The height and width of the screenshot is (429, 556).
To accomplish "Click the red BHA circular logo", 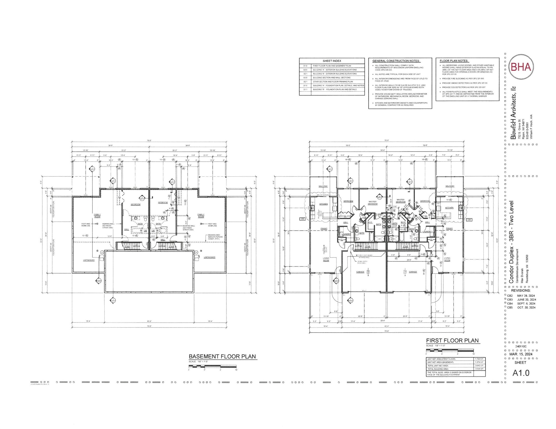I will (521, 67).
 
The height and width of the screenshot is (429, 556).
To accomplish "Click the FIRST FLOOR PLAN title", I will (452, 341).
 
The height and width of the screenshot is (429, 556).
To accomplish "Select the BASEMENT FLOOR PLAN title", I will (222, 356).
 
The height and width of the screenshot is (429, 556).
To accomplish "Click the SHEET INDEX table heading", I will (332, 61).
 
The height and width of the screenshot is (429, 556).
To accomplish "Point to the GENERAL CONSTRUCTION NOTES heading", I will (396, 61).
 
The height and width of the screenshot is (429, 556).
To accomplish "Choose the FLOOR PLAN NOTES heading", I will (454, 61).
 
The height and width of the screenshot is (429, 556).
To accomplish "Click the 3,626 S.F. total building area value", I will (479, 369).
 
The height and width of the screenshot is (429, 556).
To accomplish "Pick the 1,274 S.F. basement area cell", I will (479, 362).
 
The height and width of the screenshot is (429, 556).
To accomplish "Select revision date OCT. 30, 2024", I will (526, 308).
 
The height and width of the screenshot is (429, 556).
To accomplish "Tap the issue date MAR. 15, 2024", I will (521, 354).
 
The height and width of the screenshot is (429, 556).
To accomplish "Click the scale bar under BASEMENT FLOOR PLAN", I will (213, 366).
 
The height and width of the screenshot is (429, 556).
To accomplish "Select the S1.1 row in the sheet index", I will (332, 89).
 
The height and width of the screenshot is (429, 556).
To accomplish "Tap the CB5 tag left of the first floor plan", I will (303, 219).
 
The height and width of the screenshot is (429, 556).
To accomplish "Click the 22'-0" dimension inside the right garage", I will (409, 260).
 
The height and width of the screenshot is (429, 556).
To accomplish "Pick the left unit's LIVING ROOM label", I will (326, 259).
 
